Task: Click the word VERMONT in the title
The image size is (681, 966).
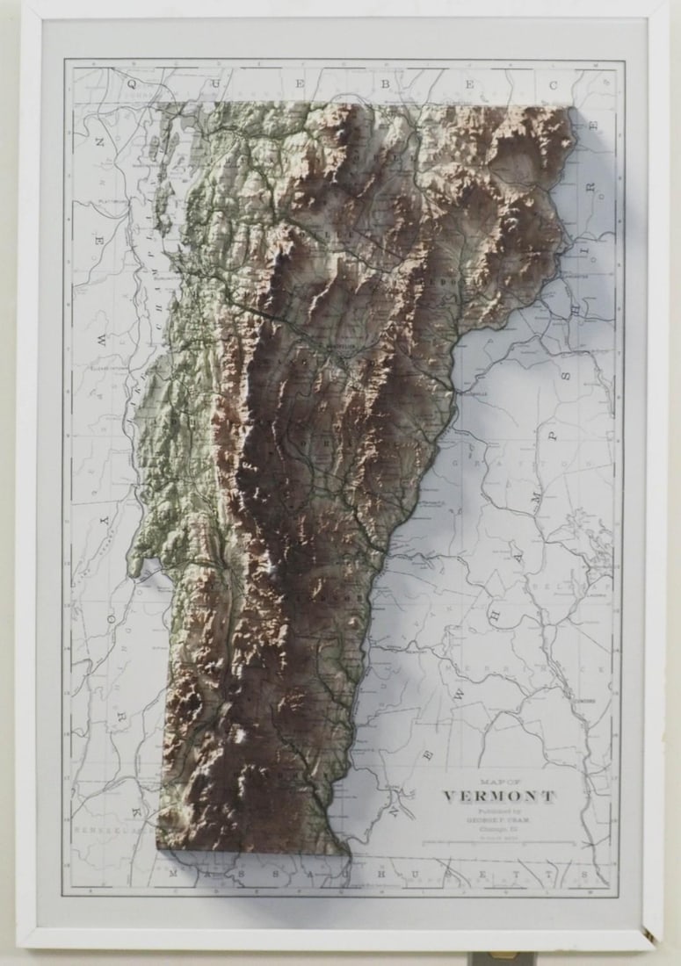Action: [x=498, y=797]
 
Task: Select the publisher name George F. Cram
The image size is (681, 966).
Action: [x=498, y=820]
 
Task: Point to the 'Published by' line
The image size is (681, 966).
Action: [x=498, y=811]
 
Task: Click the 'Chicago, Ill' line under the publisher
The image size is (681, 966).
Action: [x=498, y=829]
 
